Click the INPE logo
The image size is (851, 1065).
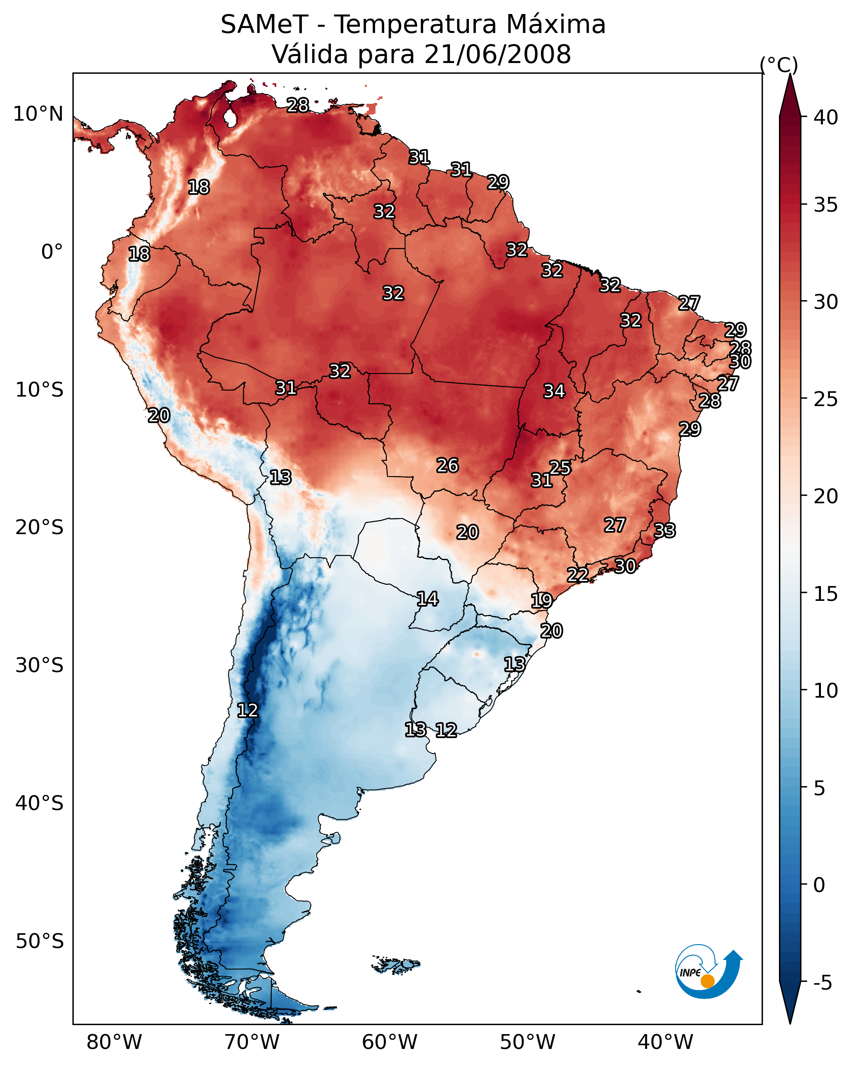click(708, 973)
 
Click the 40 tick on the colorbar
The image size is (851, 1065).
click(826, 117)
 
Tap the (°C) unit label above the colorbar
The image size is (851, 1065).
click(779, 65)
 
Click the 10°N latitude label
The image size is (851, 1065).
click(38, 114)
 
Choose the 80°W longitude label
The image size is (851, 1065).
click(114, 1042)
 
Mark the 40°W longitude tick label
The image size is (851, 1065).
click(665, 1042)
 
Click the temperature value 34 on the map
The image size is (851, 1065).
click(554, 391)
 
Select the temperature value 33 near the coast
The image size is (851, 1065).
click(665, 530)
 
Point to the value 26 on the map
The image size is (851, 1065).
click(448, 465)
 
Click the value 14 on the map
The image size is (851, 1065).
click(427, 599)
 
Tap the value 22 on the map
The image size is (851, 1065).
click(577, 575)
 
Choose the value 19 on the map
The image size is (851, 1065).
click(541, 601)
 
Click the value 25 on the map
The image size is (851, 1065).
click(560, 467)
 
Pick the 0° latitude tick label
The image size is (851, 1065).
click(52, 252)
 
